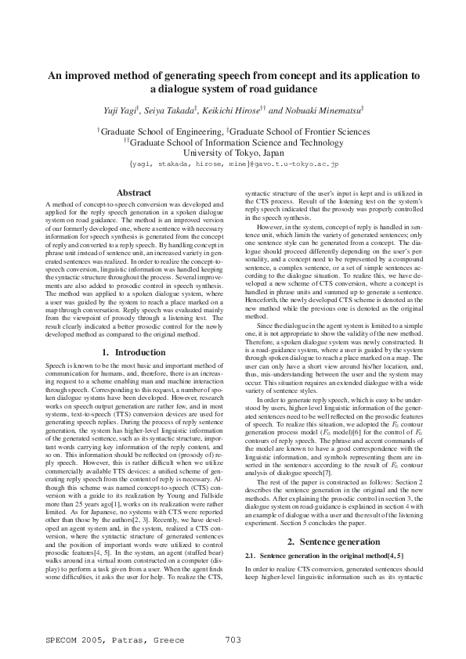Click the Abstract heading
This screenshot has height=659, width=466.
pyautogui.click(x=133, y=193)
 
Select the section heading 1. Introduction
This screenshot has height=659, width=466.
pyautogui.click(x=133, y=353)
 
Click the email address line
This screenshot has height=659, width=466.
pyautogui.click(x=233, y=165)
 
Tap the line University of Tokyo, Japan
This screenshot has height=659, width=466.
pyautogui.click(x=233, y=154)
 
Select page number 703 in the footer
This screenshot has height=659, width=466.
pyautogui.click(x=233, y=640)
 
